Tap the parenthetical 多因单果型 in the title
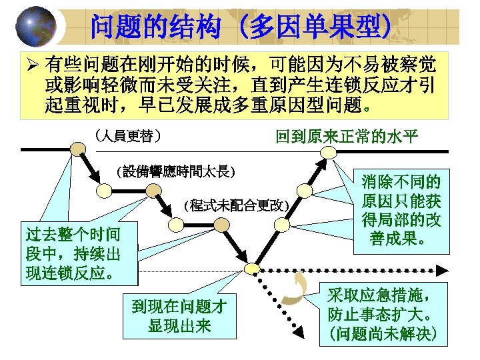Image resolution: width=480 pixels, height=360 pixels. [x=316, y=26]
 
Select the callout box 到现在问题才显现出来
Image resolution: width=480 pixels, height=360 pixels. [x=179, y=316]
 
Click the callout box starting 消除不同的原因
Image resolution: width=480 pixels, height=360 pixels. [x=401, y=209]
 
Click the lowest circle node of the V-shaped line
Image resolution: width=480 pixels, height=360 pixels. [x=251, y=268]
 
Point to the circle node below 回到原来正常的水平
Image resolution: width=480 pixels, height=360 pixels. [x=327, y=152]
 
